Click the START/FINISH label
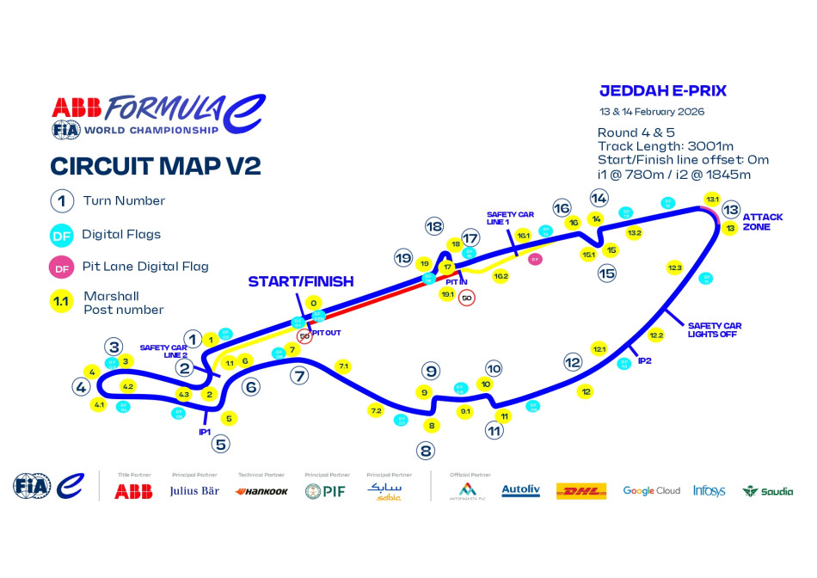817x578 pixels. pyautogui.click(x=301, y=281)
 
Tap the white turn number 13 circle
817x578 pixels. pyautogui.click(x=731, y=209)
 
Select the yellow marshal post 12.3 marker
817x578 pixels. pyautogui.click(x=674, y=268)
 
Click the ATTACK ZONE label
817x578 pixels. pyautogui.click(x=763, y=221)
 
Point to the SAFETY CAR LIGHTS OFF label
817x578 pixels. pyautogui.click(x=714, y=329)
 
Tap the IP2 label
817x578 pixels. pyautogui.click(x=644, y=360)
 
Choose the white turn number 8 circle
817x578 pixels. pyautogui.click(x=426, y=450)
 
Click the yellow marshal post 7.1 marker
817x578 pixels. pyautogui.click(x=343, y=366)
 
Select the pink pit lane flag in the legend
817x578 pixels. pyautogui.click(x=62, y=267)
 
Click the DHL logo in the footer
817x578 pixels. pyautogui.click(x=581, y=491)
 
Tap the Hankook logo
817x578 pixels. pyautogui.click(x=261, y=491)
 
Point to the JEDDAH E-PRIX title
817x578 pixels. pyautogui.click(x=662, y=90)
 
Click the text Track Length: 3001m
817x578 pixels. pyautogui.click(x=660, y=146)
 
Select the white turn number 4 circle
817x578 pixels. pyautogui.click(x=82, y=387)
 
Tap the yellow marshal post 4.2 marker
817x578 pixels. pyautogui.click(x=128, y=386)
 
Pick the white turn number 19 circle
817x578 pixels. pyautogui.click(x=403, y=257)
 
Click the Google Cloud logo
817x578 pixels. pyautogui.click(x=651, y=491)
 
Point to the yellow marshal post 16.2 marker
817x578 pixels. pyautogui.click(x=501, y=277)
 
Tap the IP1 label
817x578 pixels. pyautogui.click(x=205, y=432)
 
